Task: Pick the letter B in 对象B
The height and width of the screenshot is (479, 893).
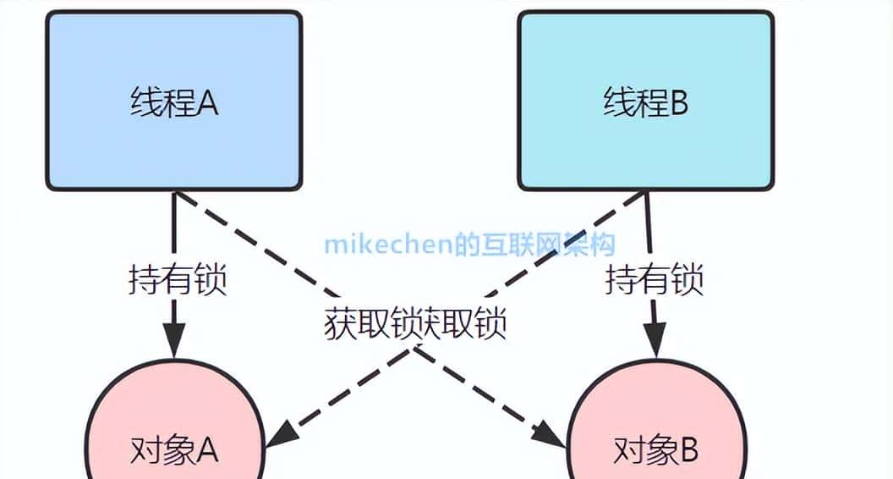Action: click(686, 450)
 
